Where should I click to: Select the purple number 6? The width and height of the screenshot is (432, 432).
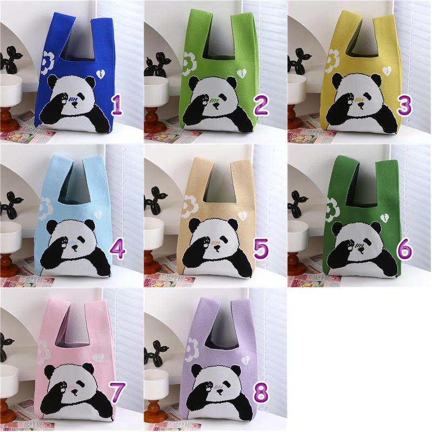(404, 249)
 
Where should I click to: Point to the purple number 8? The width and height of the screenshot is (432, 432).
(261, 393)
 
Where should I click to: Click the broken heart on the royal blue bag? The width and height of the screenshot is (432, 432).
(100, 73)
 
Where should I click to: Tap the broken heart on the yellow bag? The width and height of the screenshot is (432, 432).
(387, 71)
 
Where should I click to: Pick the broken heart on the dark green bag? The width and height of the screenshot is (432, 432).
(384, 218)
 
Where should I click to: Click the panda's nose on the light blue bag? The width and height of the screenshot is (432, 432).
(75, 249)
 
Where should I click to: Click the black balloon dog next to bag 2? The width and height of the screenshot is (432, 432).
(156, 64)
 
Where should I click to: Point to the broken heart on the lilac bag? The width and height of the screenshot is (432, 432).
(244, 361)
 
